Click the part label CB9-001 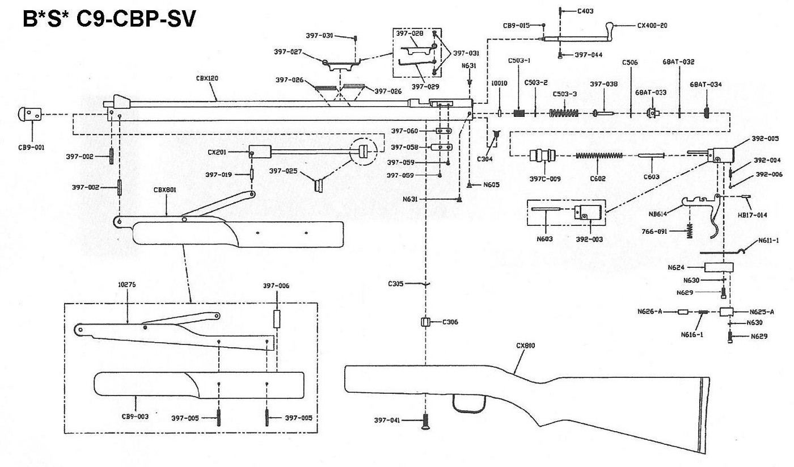point(32,146)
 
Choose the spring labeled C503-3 point(564,113)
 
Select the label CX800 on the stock point(526,345)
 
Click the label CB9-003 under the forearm point(135,416)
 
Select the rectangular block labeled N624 point(718,267)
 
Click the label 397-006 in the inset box point(276,286)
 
